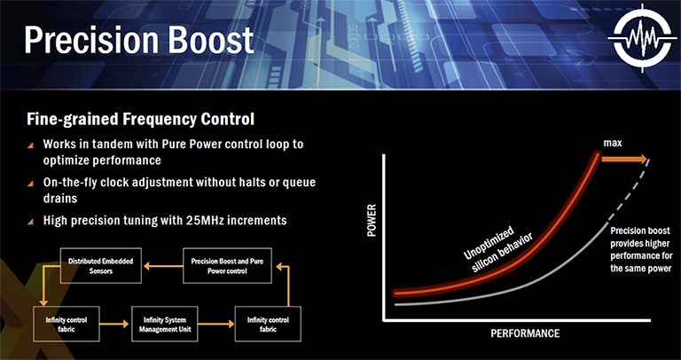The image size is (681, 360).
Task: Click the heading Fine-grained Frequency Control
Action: [x=140, y=120]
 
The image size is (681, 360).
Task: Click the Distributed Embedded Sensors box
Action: [x=100, y=266]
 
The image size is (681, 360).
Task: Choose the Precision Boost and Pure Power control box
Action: [x=227, y=266]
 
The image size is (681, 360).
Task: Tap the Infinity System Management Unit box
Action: [x=165, y=324]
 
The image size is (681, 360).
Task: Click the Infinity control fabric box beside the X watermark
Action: [x=67, y=324]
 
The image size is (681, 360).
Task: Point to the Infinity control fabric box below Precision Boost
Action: [x=268, y=324]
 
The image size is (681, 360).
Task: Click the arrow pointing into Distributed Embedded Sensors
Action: [x=163, y=266]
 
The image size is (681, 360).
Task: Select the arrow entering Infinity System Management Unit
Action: [x=115, y=324]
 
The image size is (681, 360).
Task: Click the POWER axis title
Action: [x=372, y=221]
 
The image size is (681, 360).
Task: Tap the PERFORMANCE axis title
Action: [x=525, y=333]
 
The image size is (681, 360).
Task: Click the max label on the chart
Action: [x=612, y=143]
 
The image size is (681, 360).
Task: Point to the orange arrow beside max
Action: [x=624, y=160]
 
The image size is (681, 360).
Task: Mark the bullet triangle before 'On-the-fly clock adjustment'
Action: [x=30, y=184]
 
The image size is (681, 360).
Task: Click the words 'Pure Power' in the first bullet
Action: [x=192, y=144]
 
